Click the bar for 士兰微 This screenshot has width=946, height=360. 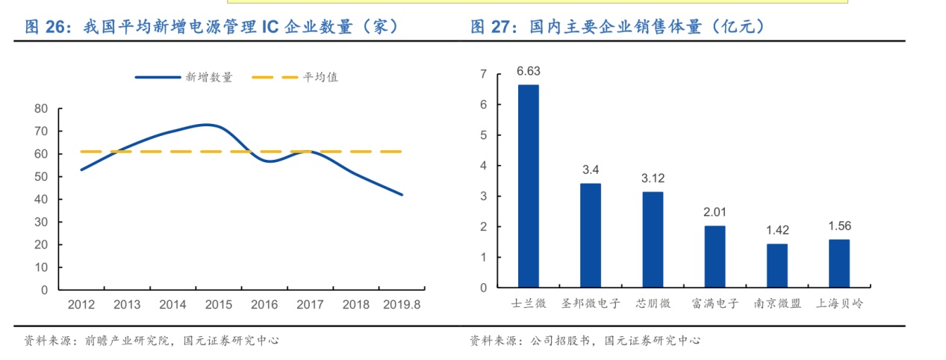528,186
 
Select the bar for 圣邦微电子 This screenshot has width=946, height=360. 590,235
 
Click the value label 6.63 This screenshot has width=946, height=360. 528,72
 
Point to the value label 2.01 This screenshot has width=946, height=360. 715,212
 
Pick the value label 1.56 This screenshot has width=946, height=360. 838,226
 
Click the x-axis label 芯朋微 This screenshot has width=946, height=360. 653,304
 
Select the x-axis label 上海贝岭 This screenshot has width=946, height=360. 838,304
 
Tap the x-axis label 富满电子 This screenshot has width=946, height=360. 715,304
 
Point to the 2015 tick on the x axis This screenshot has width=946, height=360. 218,305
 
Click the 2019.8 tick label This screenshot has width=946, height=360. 402,305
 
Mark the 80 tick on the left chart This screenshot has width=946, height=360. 41,109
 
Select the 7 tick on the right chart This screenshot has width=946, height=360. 483,75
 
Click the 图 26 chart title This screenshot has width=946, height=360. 211,28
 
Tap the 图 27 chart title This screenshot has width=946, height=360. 617,28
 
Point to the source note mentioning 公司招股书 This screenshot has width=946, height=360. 585,341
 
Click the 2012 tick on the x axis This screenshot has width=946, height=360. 81,305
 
